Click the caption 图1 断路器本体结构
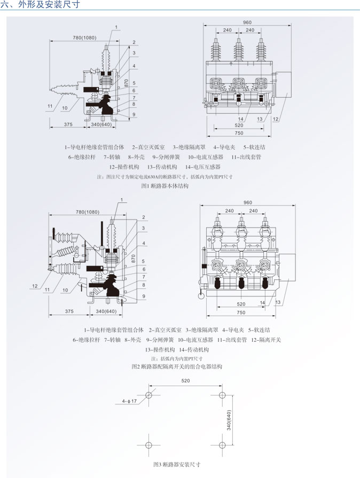pyautogui.click(x=165, y=186)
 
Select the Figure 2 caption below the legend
pyautogui.click(x=176, y=367)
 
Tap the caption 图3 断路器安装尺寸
pyautogui.click(x=177, y=464)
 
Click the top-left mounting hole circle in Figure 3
pyautogui.click(x=148, y=396)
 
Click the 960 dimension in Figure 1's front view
pyautogui.click(x=247, y=22)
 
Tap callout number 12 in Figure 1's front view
pyautogui.click(x=276, y=119)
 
